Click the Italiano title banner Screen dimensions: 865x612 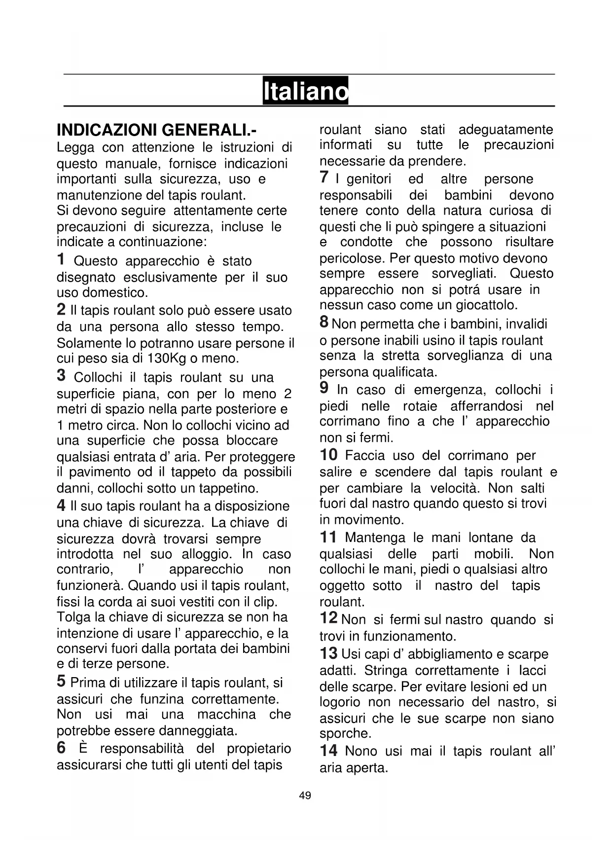tap(305, 91)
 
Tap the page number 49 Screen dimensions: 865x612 tap(305, 795)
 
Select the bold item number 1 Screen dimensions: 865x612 tap(61, 259)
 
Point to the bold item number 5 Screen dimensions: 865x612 tap(61, 681)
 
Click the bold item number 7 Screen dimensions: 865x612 tap(324, 177)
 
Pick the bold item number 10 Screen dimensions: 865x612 tap(328, 454)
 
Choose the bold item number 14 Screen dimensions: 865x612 tap(328, 751)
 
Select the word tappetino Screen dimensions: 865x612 tap(229, 489)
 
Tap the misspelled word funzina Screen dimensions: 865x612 tap(162, 699)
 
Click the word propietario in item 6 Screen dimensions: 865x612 tap(259, 749)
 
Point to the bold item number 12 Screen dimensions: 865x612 tap(328, 618)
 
